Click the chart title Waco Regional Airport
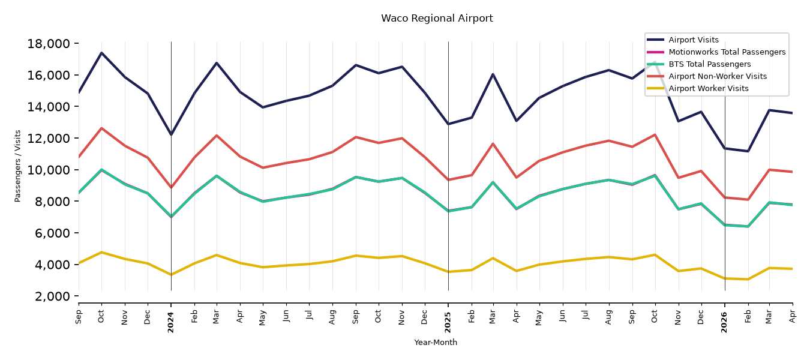click(437, 19)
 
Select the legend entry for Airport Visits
click(693, 40)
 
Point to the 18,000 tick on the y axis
click(49, 44)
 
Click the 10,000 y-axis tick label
click(49, 170)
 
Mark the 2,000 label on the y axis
click(52, 296)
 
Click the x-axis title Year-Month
click(436, 342)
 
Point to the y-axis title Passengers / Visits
click(18, 166)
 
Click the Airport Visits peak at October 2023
click(101, 53)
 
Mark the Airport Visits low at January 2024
click(171, 135)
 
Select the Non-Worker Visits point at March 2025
click(493, 143)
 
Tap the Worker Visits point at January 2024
click(171, 275)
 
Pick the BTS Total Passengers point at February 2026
click(748, 227)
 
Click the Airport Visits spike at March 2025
click(493, 74)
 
